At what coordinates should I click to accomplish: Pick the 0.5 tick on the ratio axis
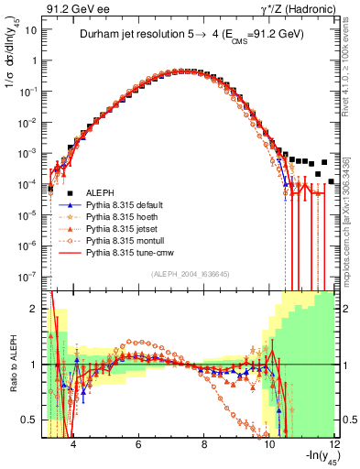(31, 420)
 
